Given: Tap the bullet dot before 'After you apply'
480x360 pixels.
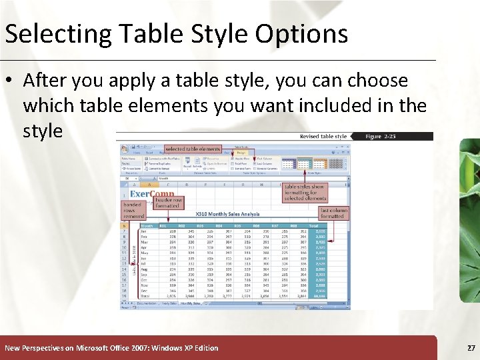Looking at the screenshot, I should (x=10, y=81).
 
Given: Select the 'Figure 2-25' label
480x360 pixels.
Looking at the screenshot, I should (x=382, y=137).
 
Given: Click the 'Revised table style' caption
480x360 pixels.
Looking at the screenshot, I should (x=324, y=137).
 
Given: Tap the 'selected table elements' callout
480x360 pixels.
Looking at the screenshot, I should (x=193, y=149).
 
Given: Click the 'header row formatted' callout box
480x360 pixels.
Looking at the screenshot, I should (x=167, y=203).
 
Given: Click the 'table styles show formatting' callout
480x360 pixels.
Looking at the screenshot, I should (x=305, y=193).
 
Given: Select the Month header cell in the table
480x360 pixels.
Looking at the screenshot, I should (x=147, y=225).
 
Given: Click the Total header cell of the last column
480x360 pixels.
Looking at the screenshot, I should (x=314, y=225).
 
